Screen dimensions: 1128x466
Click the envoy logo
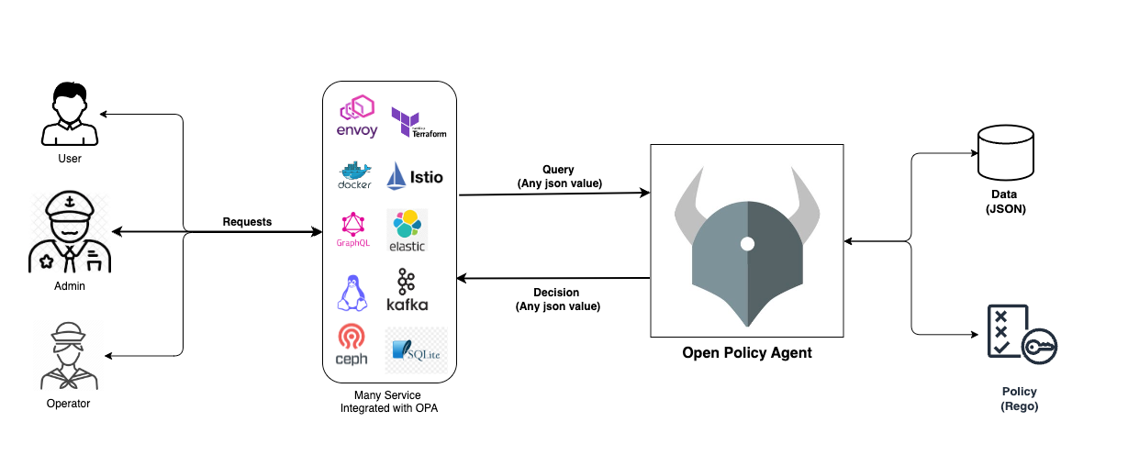tap(357, 116)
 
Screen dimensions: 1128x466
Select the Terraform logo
tap(419, 122)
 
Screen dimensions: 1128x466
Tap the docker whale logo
tap(354, 175)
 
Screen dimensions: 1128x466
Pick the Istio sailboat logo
tap(415, 175)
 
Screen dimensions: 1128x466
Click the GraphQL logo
tap(353, 229)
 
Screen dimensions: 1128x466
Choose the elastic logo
tap(408, 230)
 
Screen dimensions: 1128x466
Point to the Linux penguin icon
tap(352, 293)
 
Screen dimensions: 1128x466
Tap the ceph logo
tap(351, 344)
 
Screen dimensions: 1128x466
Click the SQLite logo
tap(416, 350)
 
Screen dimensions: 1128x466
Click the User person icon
tap(70, 114)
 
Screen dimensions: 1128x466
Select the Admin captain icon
tap(70, 231)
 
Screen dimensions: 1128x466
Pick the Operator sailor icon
tap(69, 356)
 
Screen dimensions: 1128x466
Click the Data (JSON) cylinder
tap(1006, 152)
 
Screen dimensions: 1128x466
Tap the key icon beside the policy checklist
tap(1039, 346)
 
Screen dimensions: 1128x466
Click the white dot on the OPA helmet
tap(747, 244)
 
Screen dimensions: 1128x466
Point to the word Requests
tap(247, 221)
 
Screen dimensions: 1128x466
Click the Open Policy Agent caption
tap(747, 353)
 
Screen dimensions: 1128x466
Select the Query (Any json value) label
tap(560, 176)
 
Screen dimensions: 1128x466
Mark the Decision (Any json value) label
tap(557, 299)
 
